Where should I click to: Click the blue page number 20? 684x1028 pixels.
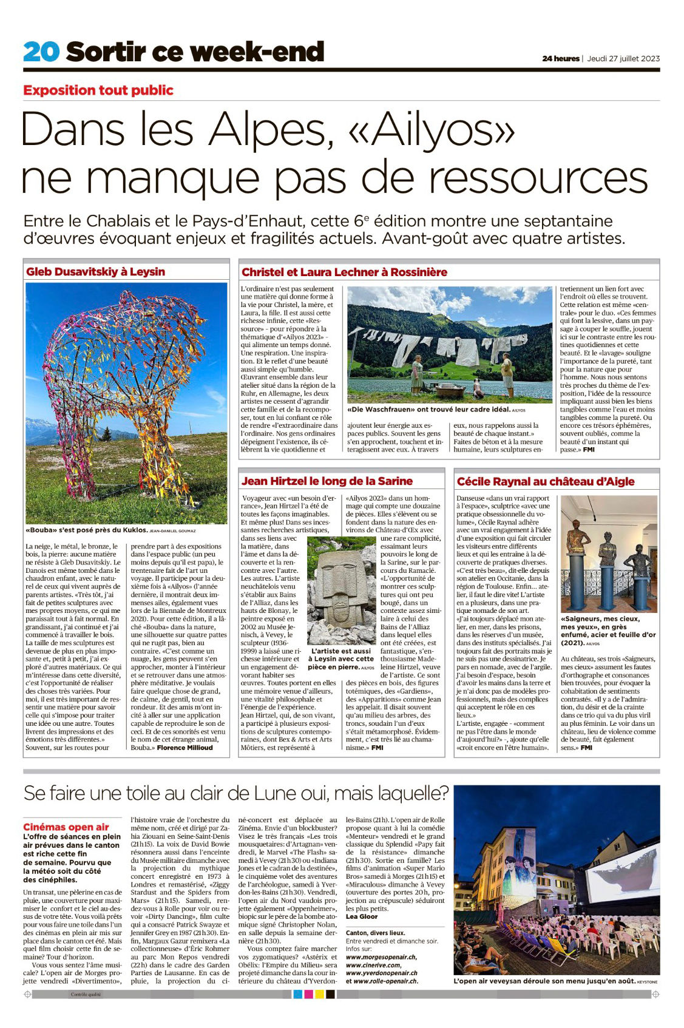41,52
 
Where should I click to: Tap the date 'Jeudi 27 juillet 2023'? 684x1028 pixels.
623,59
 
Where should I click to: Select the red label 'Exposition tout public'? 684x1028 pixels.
98,90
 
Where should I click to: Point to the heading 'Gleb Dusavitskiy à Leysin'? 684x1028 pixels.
95,272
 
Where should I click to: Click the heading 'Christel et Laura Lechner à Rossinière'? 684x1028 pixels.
344,272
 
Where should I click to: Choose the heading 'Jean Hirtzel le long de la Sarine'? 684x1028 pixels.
327,481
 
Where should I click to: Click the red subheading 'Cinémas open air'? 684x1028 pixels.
66,827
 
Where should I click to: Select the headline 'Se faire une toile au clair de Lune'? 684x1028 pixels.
235,793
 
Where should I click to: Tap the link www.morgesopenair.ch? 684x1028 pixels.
381,957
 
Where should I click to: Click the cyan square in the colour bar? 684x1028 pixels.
297,994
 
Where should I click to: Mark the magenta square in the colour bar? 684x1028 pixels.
308,994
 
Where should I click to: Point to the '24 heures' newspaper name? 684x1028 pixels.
560,59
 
